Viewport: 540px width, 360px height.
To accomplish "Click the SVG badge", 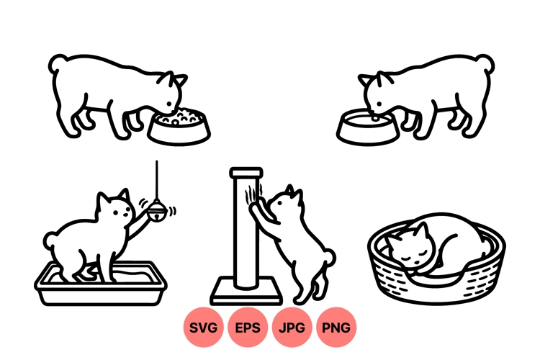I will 204,328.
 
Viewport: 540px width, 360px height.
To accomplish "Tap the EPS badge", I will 248,328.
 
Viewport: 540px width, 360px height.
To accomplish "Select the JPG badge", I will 292,328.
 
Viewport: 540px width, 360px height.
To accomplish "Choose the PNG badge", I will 336,328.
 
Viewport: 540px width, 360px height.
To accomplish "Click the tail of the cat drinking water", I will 487,66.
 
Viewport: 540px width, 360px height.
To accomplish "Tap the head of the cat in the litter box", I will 115,209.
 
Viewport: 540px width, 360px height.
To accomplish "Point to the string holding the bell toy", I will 157,180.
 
